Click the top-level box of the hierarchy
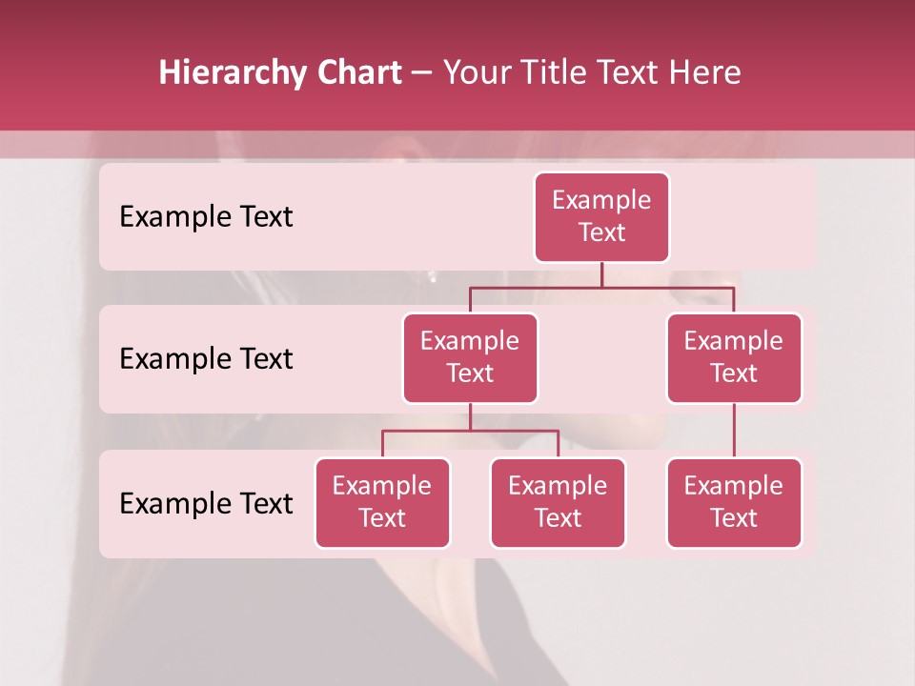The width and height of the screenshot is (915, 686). pyautogui.click(x=601, y=217)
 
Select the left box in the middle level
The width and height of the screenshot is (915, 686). pyautogui.click(x=470, y=358)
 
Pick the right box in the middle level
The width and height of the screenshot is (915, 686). pyautogui.click(x=734, y=358)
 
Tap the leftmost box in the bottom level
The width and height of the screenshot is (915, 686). pyautogui.click(x=382, y=503)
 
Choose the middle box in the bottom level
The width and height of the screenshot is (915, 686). pyautogui.click(x=558, y=503)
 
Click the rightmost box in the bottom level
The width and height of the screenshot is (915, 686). pyautogui.click(x=734, y=503)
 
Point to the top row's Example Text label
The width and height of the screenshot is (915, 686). pyautogui.click(x=206, y=217)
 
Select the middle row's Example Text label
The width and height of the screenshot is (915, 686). pyautogui.click(x=206, y=359)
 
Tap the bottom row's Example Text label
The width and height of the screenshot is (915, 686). pyautogui.click(x=206, y=503)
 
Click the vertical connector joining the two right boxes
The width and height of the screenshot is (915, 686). pyautogui.click(x=734, y=431)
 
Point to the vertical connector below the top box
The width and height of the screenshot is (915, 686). pyautogui.click(x=601, y=274)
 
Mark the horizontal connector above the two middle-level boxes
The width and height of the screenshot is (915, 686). pyautogui.click(x=601, y=287)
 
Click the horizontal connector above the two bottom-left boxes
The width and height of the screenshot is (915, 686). pyautogui.click(x=470, y=431)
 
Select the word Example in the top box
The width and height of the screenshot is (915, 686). pyautogui.click(x=601, y=200)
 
